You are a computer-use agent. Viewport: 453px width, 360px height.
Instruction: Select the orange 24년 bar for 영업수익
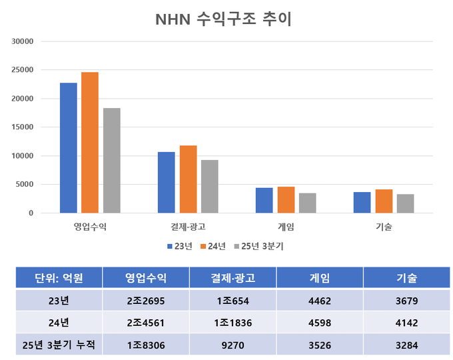tap(90, 143)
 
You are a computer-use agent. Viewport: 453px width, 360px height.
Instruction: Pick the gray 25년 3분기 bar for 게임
tap(308, 203)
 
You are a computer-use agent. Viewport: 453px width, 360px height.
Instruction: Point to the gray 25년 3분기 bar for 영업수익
tap(111, 161)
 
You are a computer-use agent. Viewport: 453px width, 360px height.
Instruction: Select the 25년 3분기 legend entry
tap(259, 247)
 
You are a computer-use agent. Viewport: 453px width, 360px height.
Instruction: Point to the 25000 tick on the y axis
tap(23, 70)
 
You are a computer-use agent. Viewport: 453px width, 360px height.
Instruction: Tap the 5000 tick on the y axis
tap(25, 185)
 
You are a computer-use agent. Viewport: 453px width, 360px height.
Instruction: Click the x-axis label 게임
tap(286, 227)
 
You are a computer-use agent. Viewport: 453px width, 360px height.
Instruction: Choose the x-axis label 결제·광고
tap(188, 227)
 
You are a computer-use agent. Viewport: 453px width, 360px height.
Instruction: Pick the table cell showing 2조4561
tap(146, 323)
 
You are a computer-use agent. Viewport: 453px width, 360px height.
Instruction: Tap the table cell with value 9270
tap(232, 345)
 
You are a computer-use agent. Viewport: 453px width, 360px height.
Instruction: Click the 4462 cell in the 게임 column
tap(319, 301)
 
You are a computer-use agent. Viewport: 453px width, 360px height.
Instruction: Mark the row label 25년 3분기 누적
tap(59, 345)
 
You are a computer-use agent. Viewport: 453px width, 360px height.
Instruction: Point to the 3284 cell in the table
tap(406, 345)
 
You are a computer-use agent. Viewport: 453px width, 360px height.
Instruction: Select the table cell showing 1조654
tap(232, 301)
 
